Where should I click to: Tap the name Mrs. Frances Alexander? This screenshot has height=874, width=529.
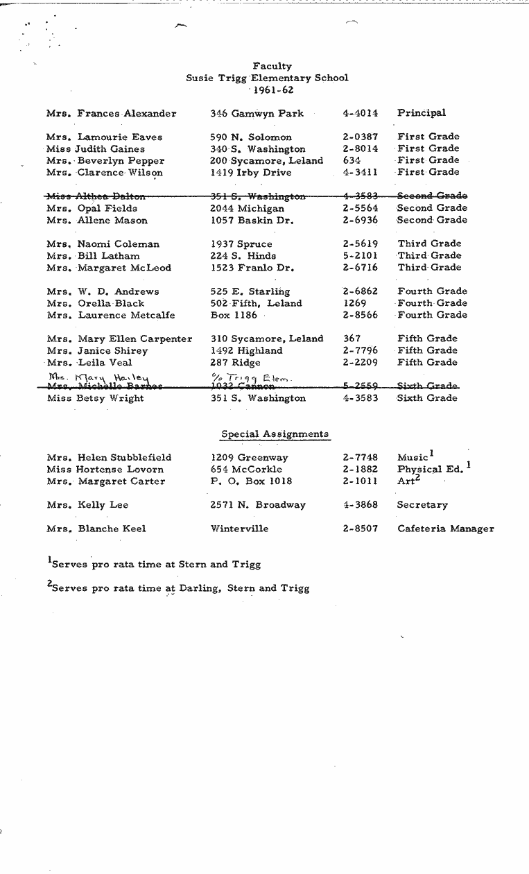tap(111, 113)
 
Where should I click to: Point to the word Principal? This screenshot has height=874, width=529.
tap(421, 113)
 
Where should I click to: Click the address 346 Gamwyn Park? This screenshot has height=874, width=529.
tap(257, 113)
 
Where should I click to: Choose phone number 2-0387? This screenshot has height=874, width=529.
tap(360, 137)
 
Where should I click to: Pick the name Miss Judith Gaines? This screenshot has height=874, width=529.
tap(96, 149)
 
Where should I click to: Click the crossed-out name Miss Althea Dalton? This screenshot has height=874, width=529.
tap(96, 196)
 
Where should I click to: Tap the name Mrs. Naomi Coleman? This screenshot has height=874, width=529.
tap(103, 244)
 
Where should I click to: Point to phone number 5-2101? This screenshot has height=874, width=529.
tap(360, 256)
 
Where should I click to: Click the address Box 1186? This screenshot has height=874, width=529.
tap(234, 316)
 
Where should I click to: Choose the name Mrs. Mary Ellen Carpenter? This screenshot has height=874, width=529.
tap(119, 339)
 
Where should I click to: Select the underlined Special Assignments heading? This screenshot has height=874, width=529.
tap(275, 434)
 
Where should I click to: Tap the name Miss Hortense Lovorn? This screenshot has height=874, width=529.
tap(105, 470)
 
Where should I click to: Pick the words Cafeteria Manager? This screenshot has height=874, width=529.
tap(445, 529)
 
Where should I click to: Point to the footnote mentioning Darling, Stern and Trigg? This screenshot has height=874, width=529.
tap(178, 588)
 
